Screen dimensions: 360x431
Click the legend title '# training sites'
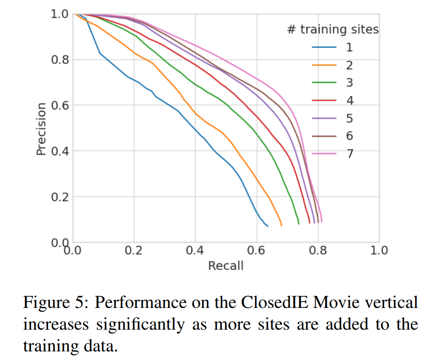point(333,30)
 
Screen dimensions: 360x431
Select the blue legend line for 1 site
point(324,47)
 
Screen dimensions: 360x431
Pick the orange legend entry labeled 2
point(324,65)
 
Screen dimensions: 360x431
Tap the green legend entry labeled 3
point(324,83)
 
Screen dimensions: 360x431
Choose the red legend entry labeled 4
point(324,101)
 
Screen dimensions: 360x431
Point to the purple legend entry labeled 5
point(324,118)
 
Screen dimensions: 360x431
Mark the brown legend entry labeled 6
point(324,136)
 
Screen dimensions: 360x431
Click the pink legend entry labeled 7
point(324,154)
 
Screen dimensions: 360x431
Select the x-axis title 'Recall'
point(225,266)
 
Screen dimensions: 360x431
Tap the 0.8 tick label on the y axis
point(59,60)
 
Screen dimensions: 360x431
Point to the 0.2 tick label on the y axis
point(59,197)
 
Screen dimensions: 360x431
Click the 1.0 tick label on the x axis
point(379,250)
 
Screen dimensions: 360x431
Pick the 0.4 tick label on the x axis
point(195,250)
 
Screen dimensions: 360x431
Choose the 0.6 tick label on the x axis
point(257,250)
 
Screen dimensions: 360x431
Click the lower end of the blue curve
point(267,226)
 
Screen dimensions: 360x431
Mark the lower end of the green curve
point(298,223)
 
